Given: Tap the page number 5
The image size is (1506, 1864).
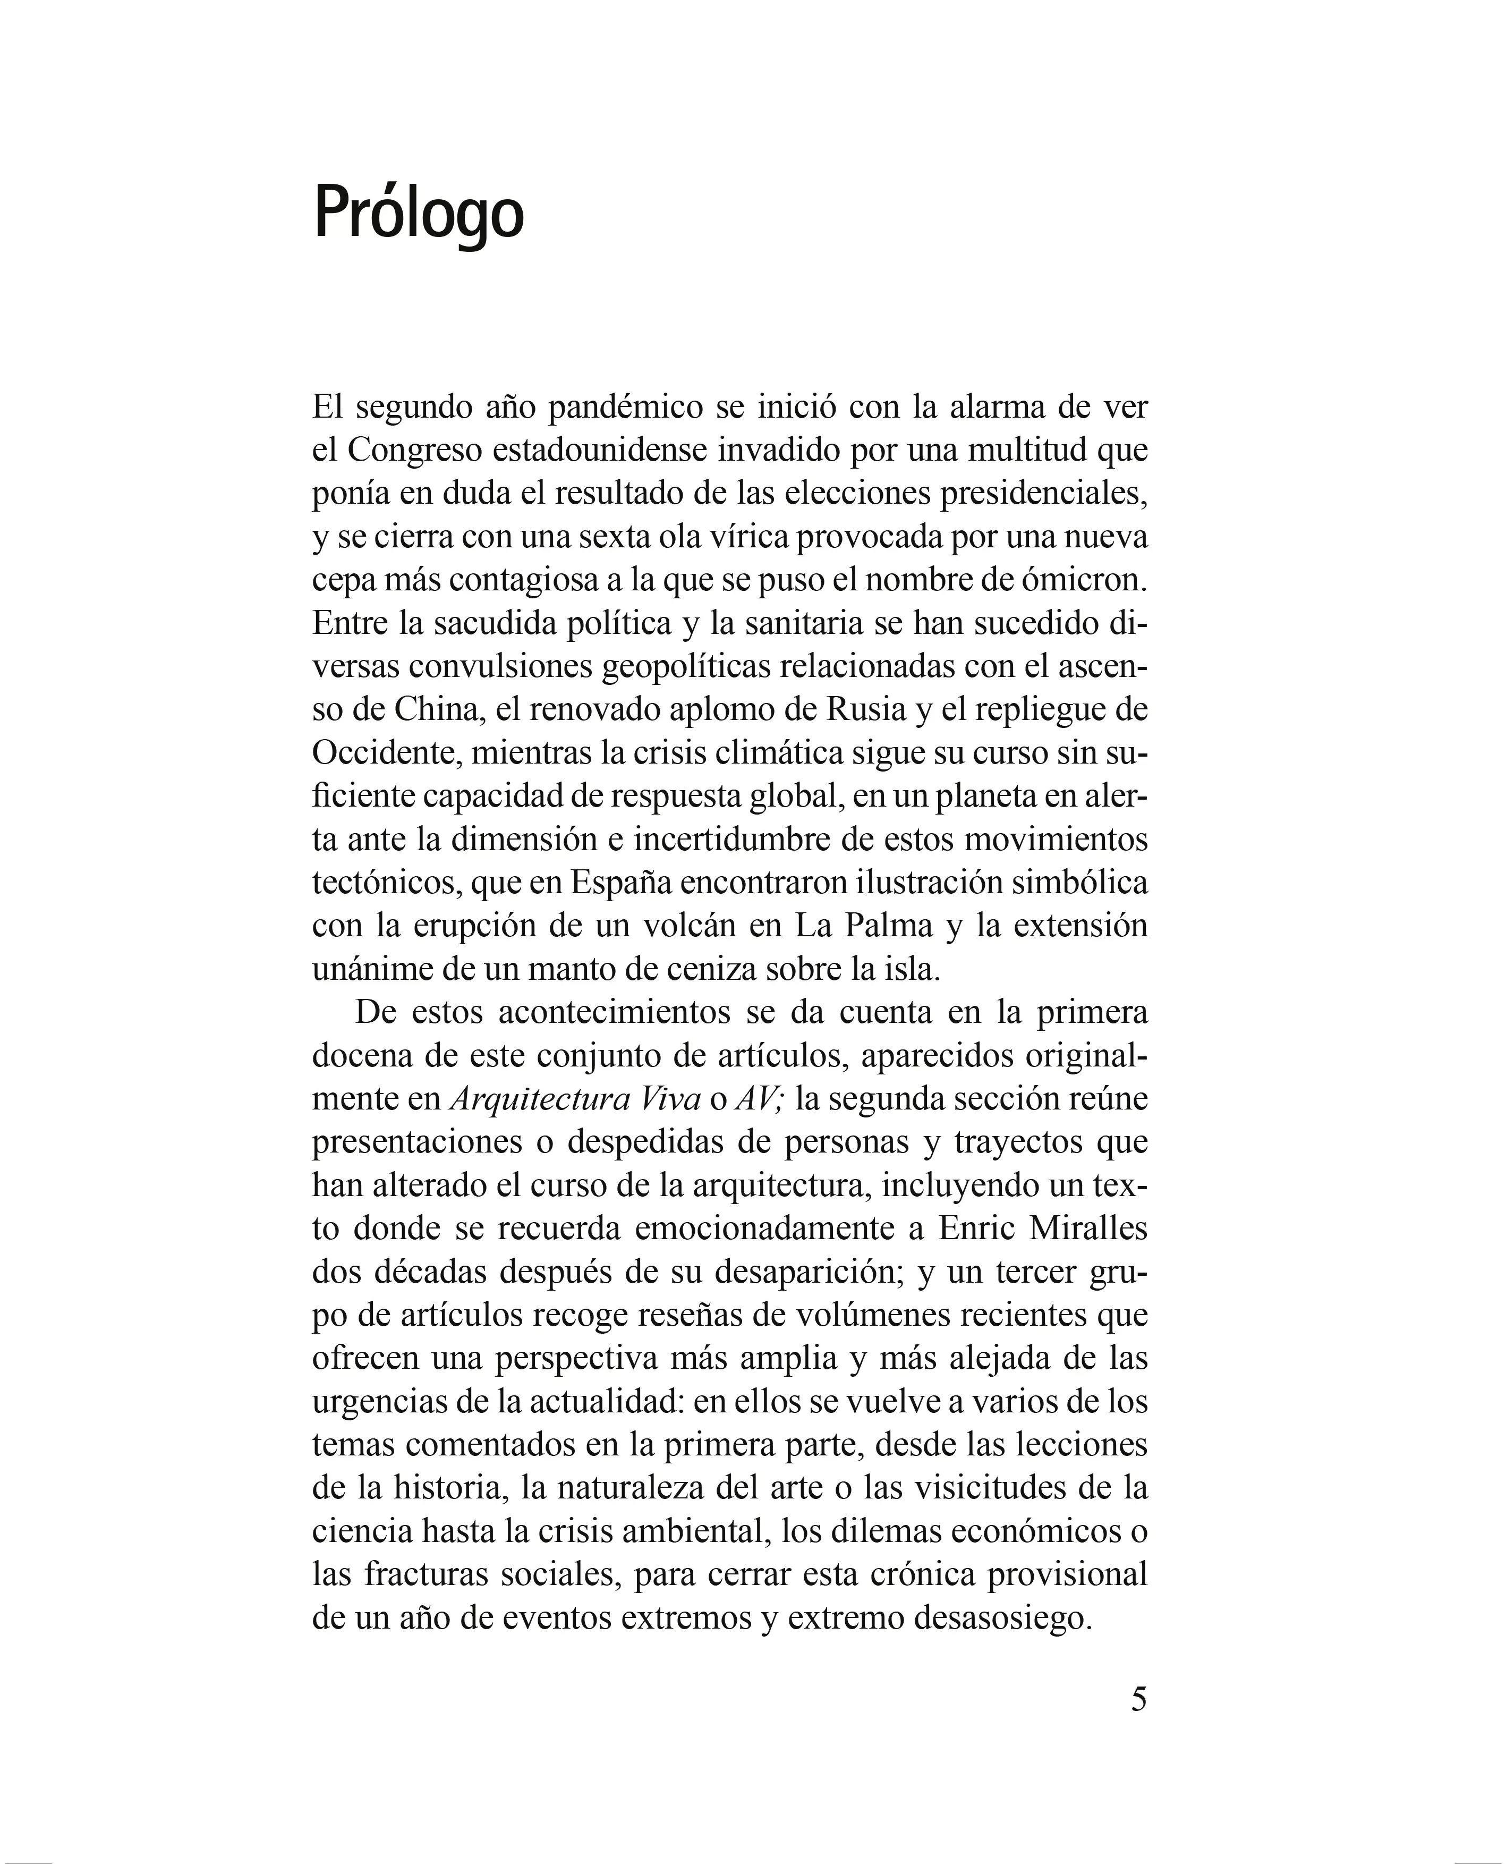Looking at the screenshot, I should tap(1138, 1723).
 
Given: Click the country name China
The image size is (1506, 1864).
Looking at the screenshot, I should tap(438, 710).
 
